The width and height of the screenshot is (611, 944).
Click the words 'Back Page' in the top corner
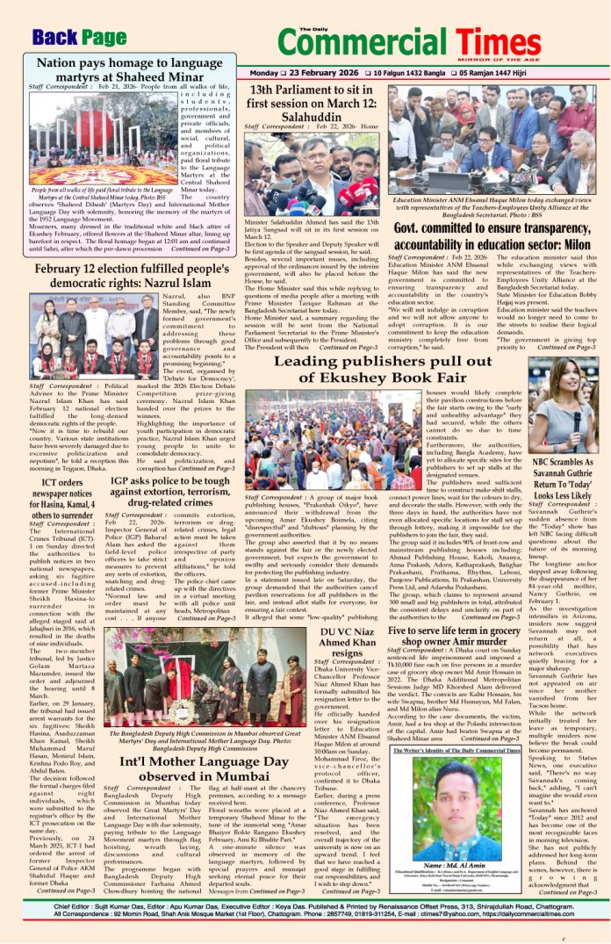coord(79,37)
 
